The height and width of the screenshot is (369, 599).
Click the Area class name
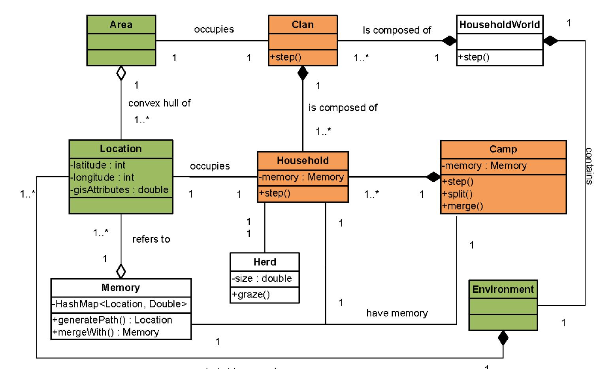pyautogui.click(x=121, y=24)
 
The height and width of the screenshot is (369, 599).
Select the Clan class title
pyautogui.click(x=303, y=24)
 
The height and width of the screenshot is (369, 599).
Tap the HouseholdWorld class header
pyautogui.click(x=499, y=24)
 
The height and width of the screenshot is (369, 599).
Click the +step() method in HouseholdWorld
pyautogui.click(x=474, y=57)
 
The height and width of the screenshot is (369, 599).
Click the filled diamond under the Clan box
pyautogui.click(x=303, y=73)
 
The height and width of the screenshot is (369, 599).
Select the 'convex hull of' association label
pyautogui.click(x=159, y=103)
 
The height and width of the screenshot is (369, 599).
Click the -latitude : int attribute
pyautogui.click(x=98, y=165)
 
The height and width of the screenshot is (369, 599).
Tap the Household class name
pyautogui.click(x=303, y=160)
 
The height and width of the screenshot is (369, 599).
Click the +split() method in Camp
pyautogui.click(x=458, y=194)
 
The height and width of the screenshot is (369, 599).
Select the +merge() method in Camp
pyautogui.click(x=462, y=206)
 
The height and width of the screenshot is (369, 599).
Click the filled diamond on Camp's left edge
pyautogui.click(x=433, y=177)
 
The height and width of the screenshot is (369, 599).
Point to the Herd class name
pyautogui.click(x=265, y=262)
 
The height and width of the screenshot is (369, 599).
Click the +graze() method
pyautogui.click(x=251, y=294)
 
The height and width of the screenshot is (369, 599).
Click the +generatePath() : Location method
pyautogui.click(x=112, y=320)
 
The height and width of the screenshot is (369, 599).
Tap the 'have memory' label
pyautogui.click(x=397, y=313)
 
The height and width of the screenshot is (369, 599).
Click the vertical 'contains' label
pyautogui.click(x=589, y=166)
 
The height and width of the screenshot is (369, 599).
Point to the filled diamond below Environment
pyautogui.click(x=503, y=338)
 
